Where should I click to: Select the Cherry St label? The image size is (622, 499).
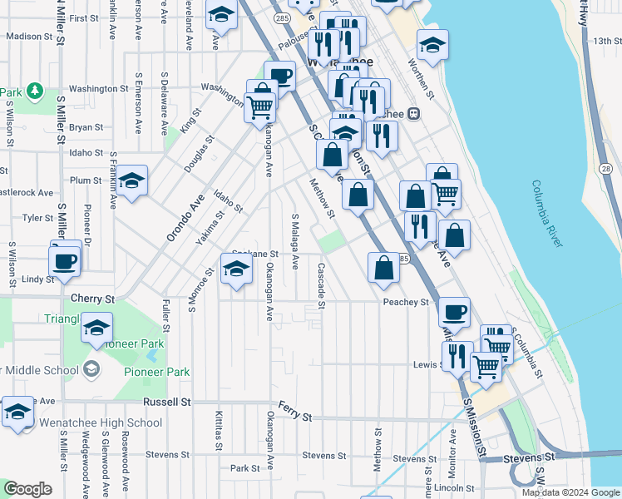[x=92, y=299]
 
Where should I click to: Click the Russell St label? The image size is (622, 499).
[x=166, y=401]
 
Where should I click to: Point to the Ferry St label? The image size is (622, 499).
[x=295, y=415]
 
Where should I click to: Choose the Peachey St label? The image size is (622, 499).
[x=406, y=302]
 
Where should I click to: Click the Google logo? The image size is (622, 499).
[x=27, y=489]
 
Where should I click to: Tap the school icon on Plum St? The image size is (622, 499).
[x=131, y=181]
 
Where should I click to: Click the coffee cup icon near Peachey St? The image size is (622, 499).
[x=453, y=313]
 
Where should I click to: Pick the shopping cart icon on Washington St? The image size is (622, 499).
[x=260, y=106]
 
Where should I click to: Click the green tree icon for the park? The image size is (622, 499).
[x=34, y=89]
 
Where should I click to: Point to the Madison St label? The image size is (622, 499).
[x=29, y=36]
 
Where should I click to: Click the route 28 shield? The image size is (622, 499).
[x=605, y=169]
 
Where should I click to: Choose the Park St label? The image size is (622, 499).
[x=245, y=469]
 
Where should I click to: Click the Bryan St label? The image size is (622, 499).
[x=86, y=127]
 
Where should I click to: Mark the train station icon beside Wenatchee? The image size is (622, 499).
[x=412, y=114]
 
